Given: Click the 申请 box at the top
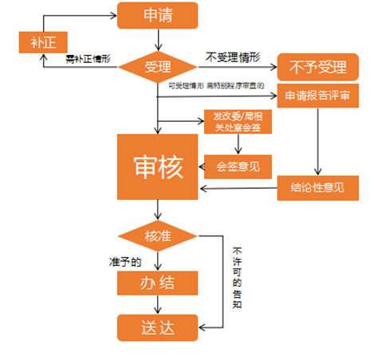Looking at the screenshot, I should tap(158, 14).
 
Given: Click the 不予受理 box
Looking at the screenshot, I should tap(318, 67).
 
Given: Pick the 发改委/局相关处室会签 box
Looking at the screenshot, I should tap(238, 120).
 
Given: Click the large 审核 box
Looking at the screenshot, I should tap(158, 166).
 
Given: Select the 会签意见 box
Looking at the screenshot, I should tap(238, 166).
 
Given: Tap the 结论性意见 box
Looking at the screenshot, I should tap(318, 189).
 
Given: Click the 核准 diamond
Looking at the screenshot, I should tap(158, 236).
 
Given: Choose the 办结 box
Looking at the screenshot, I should tap(158, 283).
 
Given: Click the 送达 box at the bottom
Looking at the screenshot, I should tap(158, 327).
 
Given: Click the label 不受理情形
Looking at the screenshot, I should tap(234, 57).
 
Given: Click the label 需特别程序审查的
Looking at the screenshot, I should tap(236, 84).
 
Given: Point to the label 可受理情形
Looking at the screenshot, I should tap(187, 84).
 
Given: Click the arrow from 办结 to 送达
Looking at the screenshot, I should tap(158, 304).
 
